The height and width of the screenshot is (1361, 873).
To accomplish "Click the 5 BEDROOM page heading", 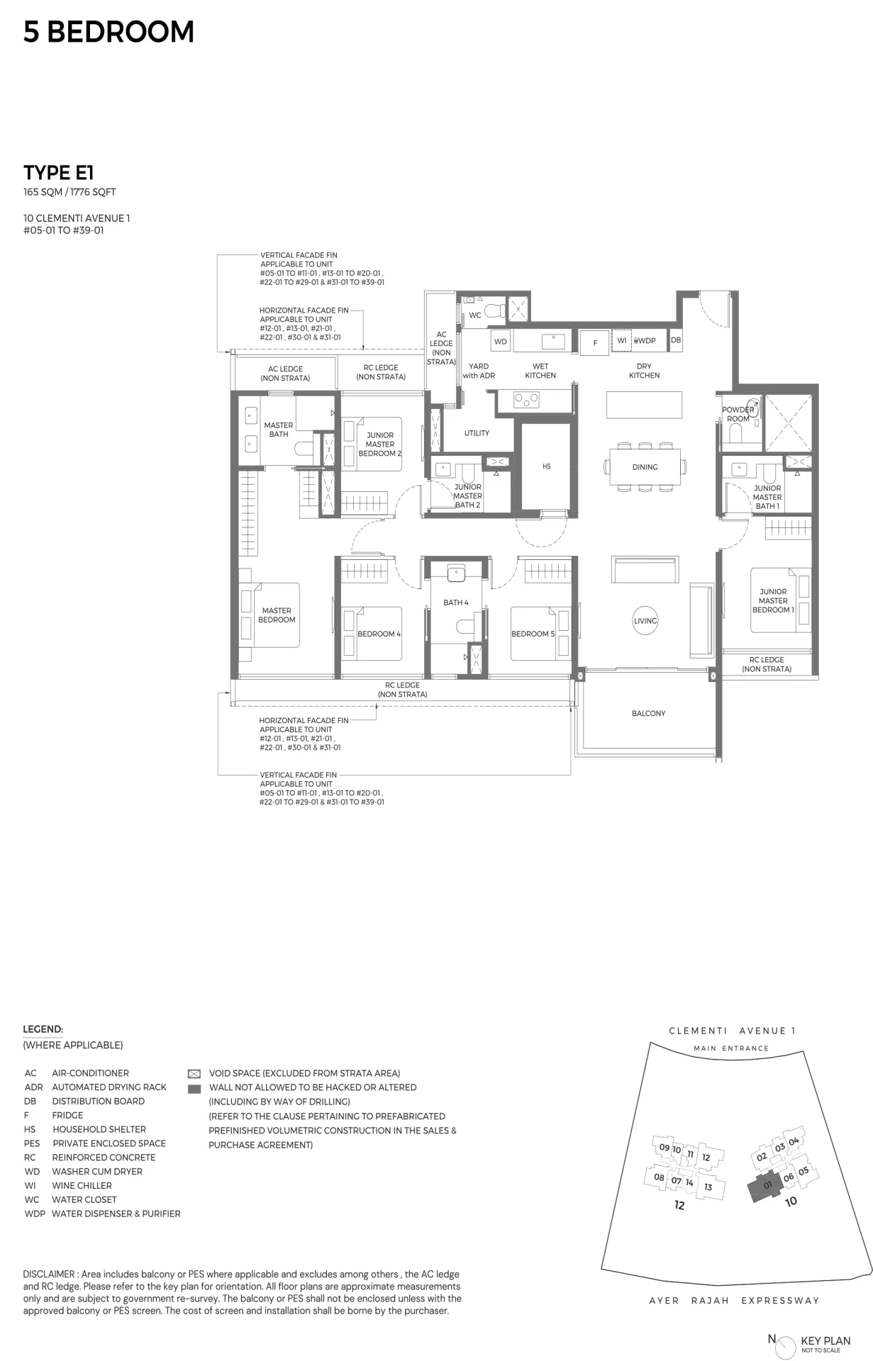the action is click(109, 32).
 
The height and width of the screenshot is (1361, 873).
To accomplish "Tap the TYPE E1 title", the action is click(59, 172).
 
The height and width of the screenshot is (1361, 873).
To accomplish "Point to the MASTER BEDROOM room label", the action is click(277, 615).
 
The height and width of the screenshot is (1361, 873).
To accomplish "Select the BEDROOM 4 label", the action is click(379, 634).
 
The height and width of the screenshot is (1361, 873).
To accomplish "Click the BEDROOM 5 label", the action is click(533, 634).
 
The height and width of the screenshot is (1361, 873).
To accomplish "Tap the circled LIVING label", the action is click(645, 621).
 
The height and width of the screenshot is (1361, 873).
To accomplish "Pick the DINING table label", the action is click(645, 467).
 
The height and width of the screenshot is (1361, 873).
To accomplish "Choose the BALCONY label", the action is click(648, 713).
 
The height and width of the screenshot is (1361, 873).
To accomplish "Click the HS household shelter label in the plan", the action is click(546, 466).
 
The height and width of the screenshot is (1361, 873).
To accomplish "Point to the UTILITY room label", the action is click(477, 433).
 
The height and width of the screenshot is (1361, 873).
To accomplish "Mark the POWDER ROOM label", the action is click(738, 414).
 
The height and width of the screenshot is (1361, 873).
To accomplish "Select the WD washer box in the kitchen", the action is click(501, 342).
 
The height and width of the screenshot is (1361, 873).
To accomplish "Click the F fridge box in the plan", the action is click(595, 343).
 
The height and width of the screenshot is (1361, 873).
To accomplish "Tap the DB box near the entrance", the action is click(676, 340).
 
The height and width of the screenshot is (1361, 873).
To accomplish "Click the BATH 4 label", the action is click(456, 603).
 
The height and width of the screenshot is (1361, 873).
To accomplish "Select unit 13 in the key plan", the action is click(708, 1187).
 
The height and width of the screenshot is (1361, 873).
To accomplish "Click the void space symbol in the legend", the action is click(194, 1074).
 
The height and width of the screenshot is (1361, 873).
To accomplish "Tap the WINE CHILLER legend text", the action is click(82, 1185).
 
